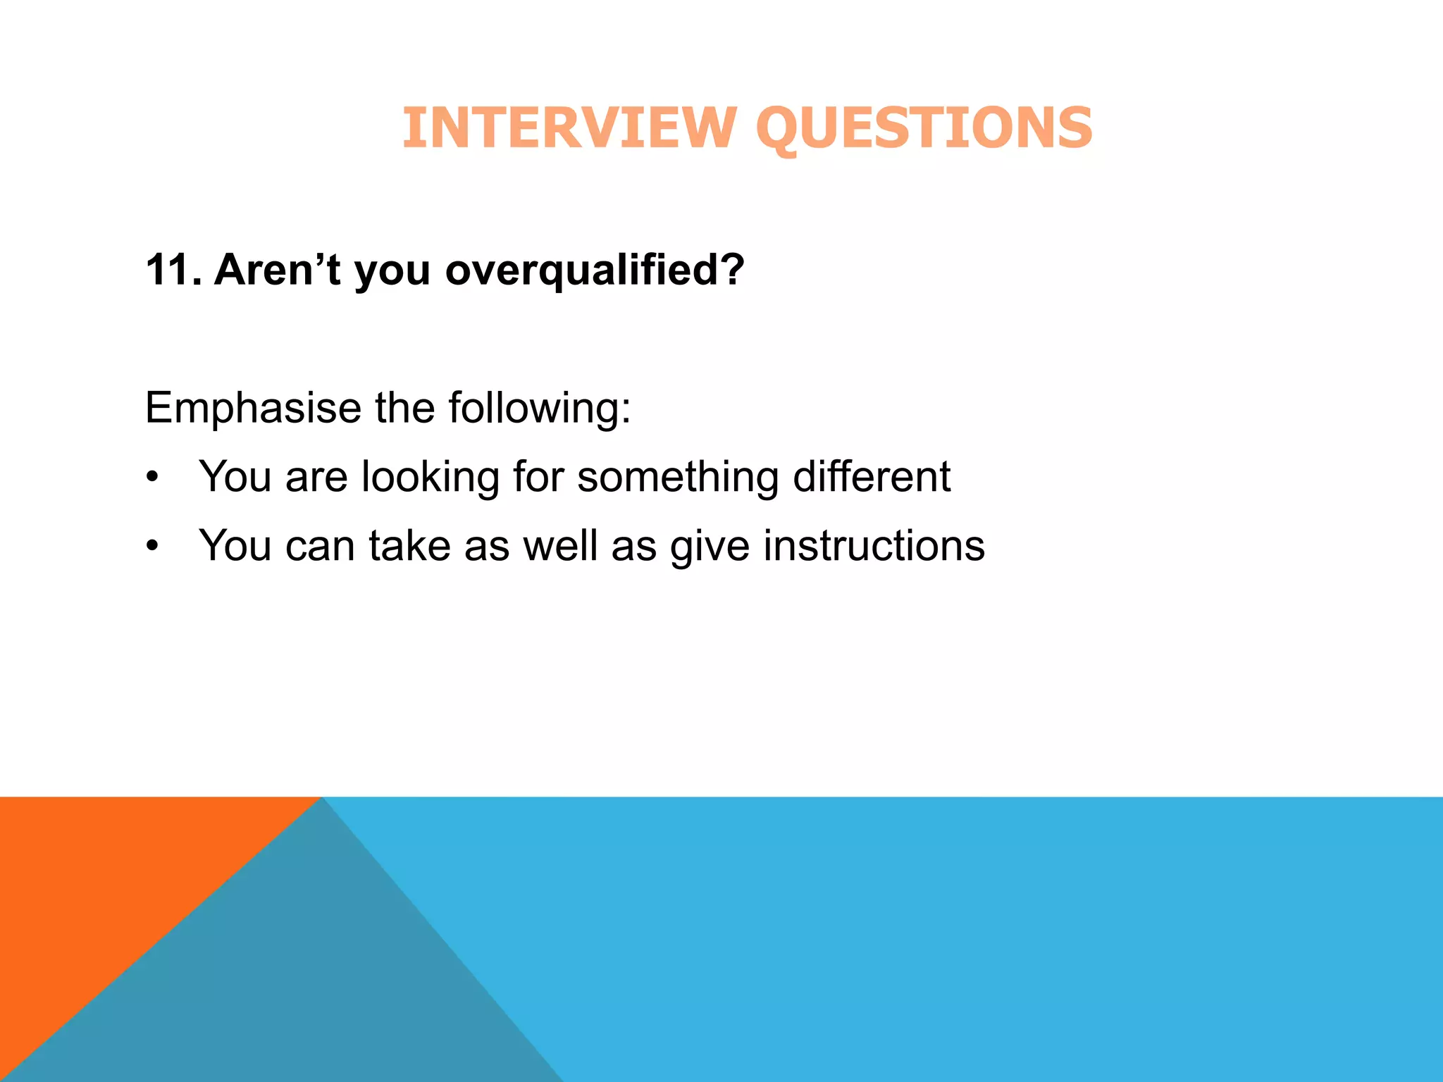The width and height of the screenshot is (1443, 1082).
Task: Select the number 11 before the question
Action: point(170,270)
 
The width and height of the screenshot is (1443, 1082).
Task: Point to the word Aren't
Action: point(278,270)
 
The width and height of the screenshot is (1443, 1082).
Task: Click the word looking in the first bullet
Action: point(431,478)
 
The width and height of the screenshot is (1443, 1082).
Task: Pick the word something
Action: point(678,478)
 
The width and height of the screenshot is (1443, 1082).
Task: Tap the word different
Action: point(872,476)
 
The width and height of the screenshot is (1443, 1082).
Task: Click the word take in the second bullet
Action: point(409,545)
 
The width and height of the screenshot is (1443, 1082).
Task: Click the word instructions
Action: point(874,545)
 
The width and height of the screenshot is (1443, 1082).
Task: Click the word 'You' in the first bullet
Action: point(235,477)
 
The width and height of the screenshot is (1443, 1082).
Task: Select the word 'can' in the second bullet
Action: point(320,547)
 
